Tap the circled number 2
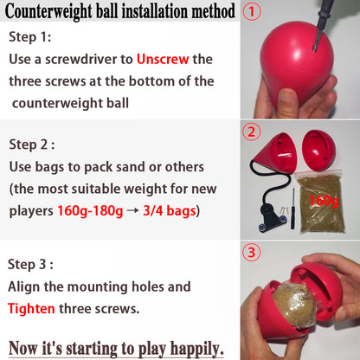point(251,132)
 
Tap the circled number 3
point(251,254)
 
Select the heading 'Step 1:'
point(30,37)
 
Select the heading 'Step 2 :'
point(32,144)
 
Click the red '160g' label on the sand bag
point(324,201)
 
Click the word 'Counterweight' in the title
point(61,12)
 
